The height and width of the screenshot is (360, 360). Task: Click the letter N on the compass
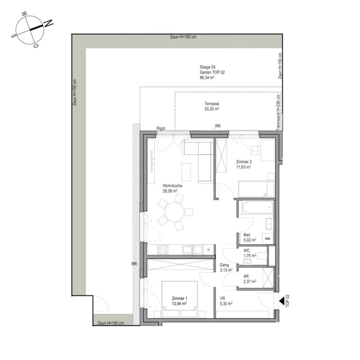(x=49, y=23)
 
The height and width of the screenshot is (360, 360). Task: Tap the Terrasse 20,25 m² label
(x=212, y=106)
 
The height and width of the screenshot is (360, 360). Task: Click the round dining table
(x=174, y=212)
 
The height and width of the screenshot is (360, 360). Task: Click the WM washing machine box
(x=268, y=239)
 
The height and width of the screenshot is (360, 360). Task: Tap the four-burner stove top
(x=163, y=250)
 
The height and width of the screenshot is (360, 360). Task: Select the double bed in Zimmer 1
(x=180, y=295)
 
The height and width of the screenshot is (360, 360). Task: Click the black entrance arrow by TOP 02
(x=282, y=300)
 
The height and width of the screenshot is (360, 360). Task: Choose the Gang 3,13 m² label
(x=226, y=268)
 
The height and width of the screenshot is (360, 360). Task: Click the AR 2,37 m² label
(x=250, y=279)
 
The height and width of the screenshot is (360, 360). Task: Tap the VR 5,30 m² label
(x=226, y=301)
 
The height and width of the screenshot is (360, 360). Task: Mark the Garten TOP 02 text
(x=212, y=72)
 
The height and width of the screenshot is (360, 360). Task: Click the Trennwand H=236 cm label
(x=279, y=112)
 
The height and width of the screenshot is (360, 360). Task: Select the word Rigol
(x=161, y=128)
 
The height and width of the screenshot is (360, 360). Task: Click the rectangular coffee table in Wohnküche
(x=186, y=172)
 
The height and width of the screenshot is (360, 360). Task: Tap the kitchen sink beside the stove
(x=187, y=250)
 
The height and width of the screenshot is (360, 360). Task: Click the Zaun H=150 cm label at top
(x=183, y=37)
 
